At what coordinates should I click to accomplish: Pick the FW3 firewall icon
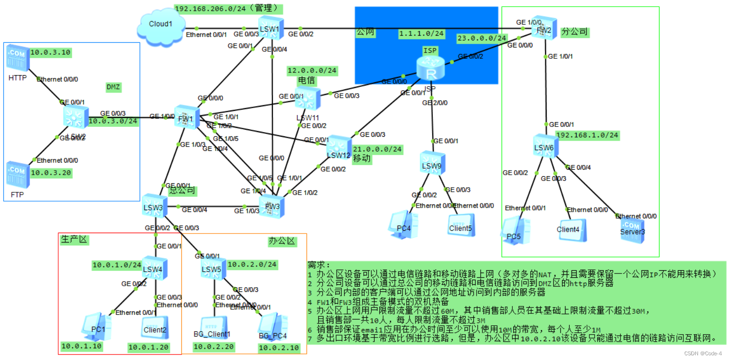pos(272,207)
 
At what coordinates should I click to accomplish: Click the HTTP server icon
pos(18,59)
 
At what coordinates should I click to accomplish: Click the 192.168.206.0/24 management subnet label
pos(228,8)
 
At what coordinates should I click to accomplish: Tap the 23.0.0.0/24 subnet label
pos(482,38)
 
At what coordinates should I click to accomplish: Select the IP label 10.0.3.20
pos(51,173)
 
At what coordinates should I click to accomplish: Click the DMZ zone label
pos(114,87)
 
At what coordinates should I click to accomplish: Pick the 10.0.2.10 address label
pos(278,348)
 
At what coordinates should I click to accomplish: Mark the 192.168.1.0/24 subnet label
pos(587,135)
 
